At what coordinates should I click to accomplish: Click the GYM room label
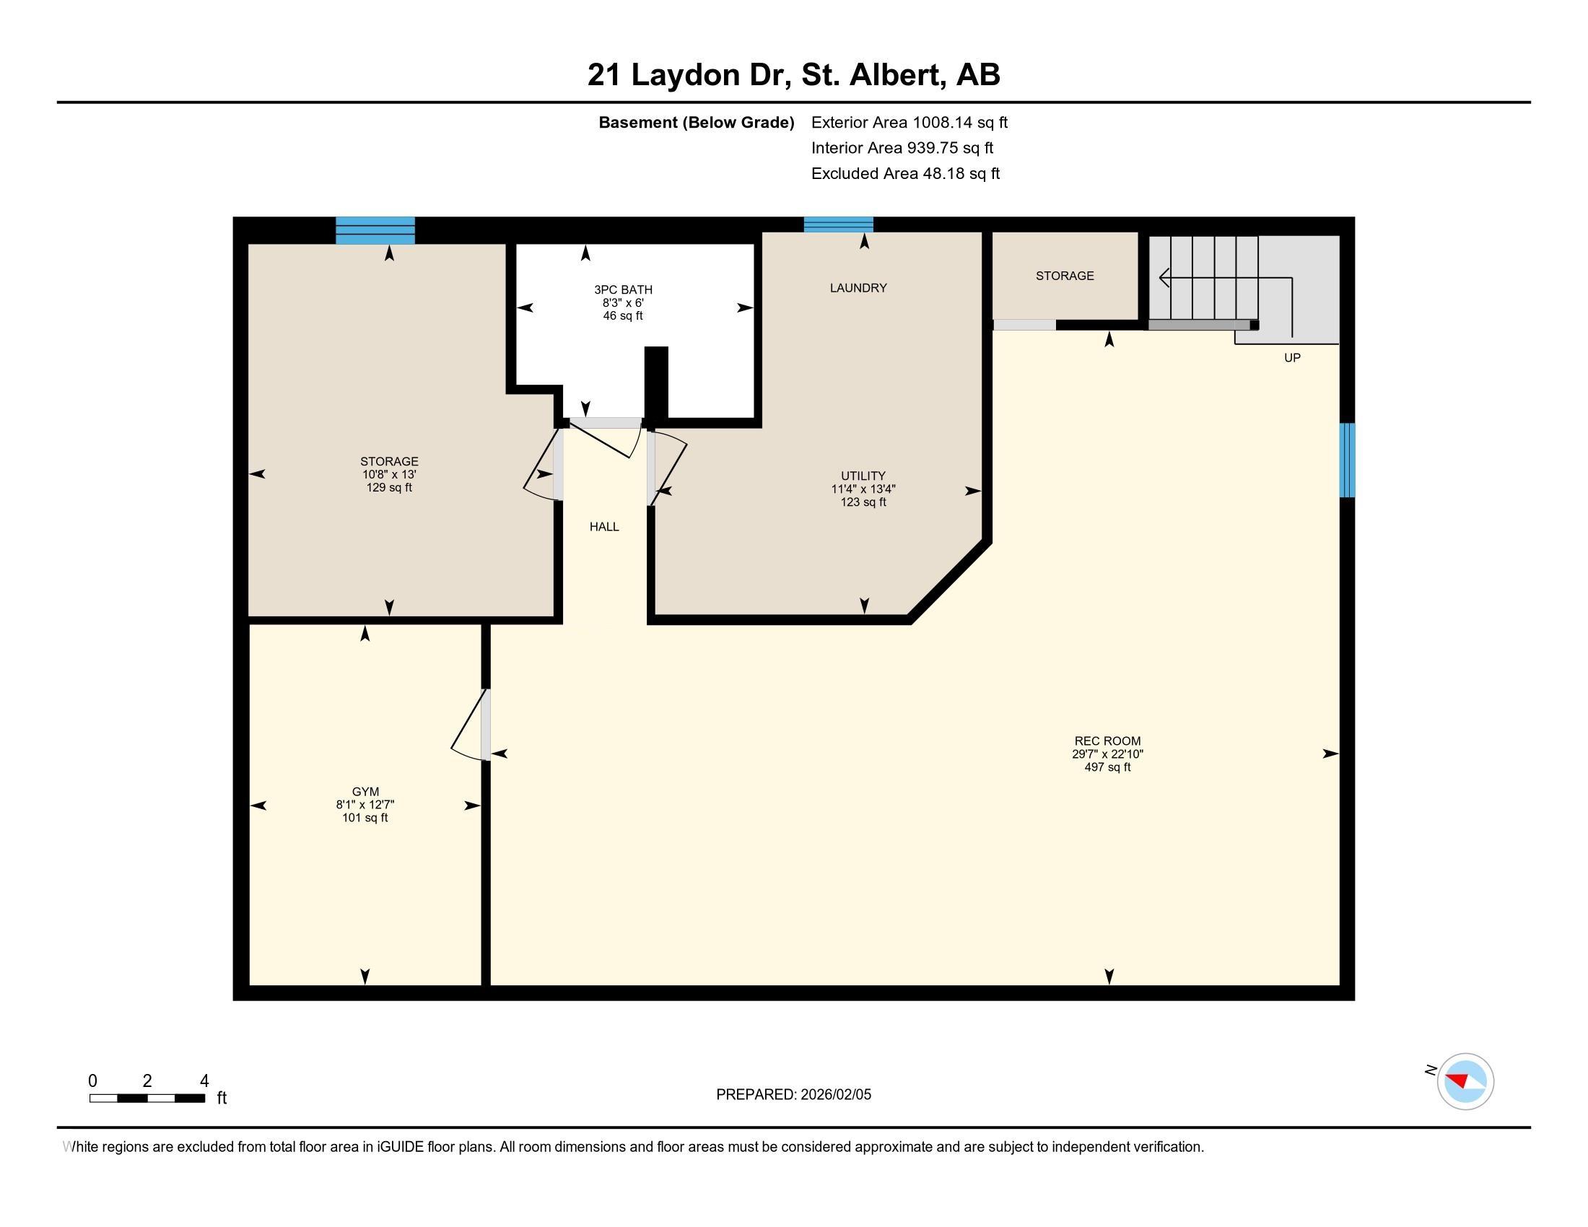365,792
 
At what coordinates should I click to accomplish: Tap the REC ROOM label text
1107,741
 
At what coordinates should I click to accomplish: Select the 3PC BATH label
623,290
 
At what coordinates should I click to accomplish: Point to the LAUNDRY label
858,288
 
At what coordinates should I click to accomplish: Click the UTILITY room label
863,476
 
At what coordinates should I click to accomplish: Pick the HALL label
604,527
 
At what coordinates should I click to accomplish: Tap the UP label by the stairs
1292,357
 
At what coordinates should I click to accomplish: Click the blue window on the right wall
1348,460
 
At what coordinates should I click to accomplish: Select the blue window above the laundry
838,224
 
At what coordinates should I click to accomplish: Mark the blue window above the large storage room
375,230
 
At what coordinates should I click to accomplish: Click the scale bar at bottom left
147,1099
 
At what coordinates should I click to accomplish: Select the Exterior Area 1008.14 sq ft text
909,122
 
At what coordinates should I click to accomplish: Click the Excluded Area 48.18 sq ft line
905,173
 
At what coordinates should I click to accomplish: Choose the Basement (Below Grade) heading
696,122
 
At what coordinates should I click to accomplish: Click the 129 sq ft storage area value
389,488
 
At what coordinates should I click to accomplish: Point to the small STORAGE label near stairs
1065,276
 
